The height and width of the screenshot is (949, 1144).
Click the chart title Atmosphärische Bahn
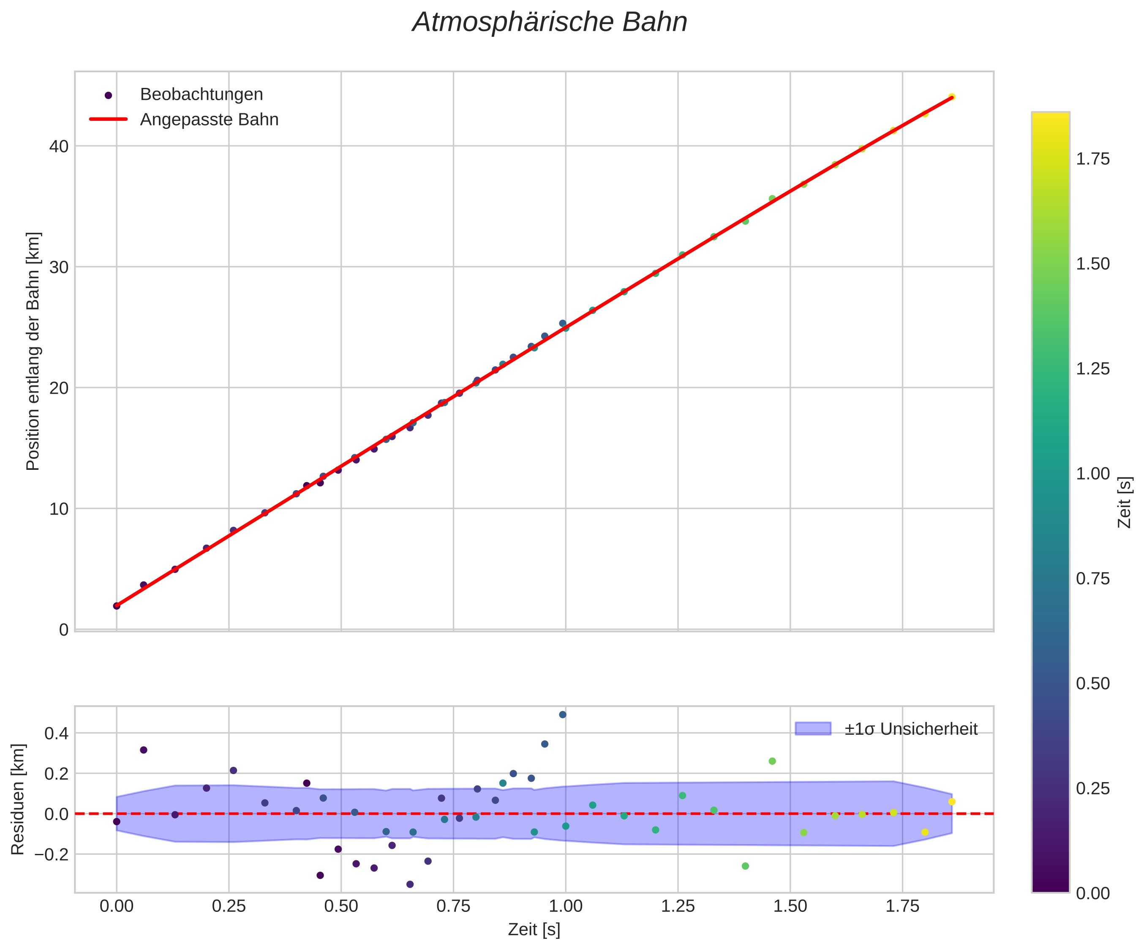550,23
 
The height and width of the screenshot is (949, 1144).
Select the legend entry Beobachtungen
201,95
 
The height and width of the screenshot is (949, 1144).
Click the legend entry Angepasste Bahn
209,120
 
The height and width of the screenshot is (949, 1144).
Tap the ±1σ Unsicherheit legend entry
911,729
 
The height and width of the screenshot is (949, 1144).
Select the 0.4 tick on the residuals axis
57,733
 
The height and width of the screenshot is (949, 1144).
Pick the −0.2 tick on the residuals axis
53,854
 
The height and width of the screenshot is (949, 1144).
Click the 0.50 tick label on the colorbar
1093,684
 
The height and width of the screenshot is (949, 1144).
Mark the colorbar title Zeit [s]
1125,502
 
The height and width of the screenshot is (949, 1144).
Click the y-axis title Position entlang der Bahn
33,352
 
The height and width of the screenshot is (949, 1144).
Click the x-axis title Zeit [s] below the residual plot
534,930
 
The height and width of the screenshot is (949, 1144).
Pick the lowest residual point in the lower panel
410,884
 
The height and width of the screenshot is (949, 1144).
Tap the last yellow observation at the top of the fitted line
952,97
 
